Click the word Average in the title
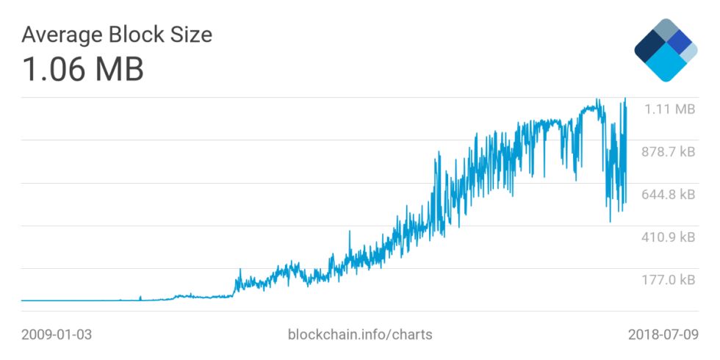[62, 35]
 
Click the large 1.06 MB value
[82, 69]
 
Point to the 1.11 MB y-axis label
[669, 109]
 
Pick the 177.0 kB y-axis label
[669, 280]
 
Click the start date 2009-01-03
[57, 334]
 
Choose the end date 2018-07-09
[663, 334]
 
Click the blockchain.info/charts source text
[360, 334]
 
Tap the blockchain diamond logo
[666, 49]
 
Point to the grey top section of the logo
[666, 30]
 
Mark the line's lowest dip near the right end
[610, 221]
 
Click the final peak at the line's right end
[625, 98]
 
